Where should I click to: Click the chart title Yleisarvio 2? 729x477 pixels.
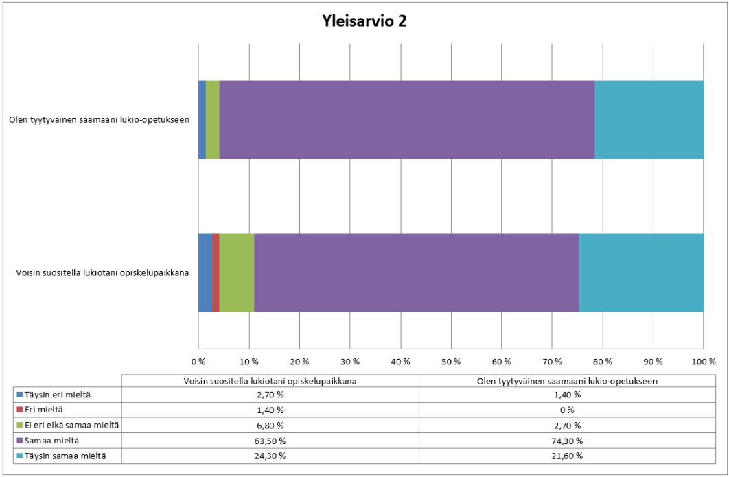(364, 21)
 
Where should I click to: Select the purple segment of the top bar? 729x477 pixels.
(406, 119)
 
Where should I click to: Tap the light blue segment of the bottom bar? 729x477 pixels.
(641, 272)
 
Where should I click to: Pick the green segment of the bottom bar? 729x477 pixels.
(237, 272)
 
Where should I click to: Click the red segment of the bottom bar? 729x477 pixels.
(216, 272)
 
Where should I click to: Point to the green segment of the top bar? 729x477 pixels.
(213, 119)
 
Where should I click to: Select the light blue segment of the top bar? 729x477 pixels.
(649, 119)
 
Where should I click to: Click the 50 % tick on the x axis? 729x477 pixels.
(451, 361)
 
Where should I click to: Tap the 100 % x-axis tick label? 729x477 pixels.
(702, 361)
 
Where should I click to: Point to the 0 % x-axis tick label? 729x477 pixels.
(198, 361)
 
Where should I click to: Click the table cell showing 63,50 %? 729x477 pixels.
(270, 440)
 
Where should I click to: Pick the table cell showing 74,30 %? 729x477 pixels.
(567, 440)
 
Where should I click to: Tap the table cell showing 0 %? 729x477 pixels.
(567, 410)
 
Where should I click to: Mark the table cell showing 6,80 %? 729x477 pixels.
(270, 425)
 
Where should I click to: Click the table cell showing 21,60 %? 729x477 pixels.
(567, 455)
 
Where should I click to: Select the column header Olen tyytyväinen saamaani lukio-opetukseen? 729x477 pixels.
(567, 380)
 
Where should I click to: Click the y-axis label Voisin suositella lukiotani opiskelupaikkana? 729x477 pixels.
(103, 272)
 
